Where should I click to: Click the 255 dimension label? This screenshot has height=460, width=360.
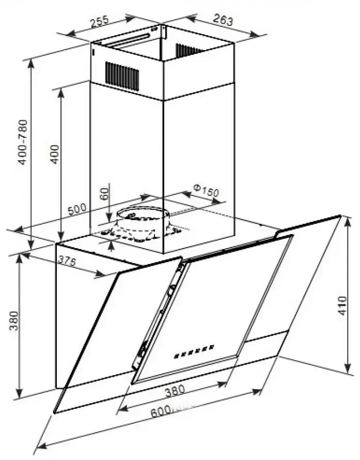[99, 22]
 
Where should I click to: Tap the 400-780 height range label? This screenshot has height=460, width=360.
[23, 142]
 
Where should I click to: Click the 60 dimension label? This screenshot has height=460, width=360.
[104, 194]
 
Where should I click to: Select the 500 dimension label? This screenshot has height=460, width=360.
[77, 209]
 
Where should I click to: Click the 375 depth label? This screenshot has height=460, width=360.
[67, 260]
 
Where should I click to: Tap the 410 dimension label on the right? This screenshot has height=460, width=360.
[342, 305]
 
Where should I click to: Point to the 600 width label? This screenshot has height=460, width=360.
[161, 411]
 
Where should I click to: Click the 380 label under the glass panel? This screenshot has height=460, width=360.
[175, 391]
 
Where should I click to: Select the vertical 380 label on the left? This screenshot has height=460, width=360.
[14, 320]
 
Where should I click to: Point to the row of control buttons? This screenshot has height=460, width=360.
[194, 351]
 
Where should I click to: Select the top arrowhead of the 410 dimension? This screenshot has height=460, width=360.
[348, 222]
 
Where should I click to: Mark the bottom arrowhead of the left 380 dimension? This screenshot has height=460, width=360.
[20, 392]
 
